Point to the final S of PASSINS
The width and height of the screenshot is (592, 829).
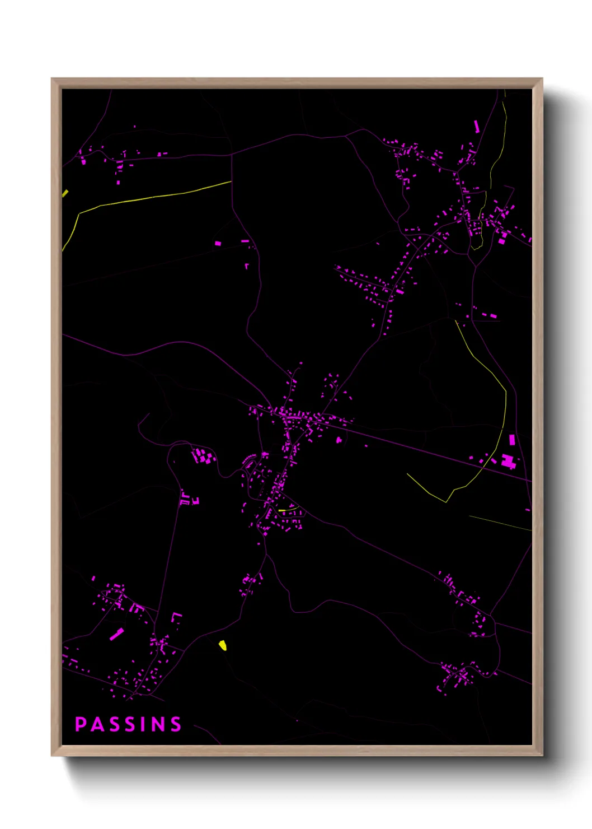click(176, 724)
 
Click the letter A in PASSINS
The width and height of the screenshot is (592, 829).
click(96, 724)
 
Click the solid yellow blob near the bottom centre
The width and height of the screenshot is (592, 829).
click(223, 645)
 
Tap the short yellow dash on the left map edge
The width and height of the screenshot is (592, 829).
click(65, 193)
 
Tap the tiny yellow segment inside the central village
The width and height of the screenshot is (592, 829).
click(282, 510)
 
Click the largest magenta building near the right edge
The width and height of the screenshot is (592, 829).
click(509, 462)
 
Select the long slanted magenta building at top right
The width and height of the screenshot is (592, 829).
click(477, 126)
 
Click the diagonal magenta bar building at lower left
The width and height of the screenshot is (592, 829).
click(116, 634)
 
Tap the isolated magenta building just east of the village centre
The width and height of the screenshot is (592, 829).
click(339, 441)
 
